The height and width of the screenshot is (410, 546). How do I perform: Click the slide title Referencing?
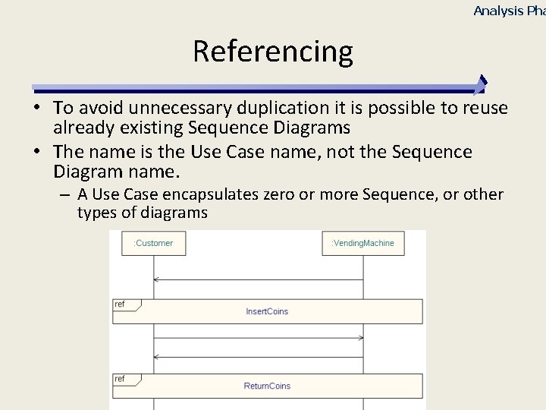(273, 52)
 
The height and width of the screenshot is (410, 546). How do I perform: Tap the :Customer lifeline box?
(153, 243)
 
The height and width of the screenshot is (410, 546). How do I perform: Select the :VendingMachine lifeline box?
(362, 243)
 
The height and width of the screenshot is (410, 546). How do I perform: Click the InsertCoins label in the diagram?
(267, 311)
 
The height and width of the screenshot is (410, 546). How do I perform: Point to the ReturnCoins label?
(267, 386)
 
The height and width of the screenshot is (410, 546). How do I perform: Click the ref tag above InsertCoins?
(120, 304)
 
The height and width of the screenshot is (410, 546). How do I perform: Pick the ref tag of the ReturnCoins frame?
(120, 379)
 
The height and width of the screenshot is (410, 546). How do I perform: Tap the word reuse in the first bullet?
(482, 109)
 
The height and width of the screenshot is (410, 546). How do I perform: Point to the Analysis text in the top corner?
(498, 11)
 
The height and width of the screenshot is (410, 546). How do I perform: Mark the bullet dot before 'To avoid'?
(37, 109)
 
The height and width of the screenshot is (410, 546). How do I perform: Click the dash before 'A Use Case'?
(66, 194)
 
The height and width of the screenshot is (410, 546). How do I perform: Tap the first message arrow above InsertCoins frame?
(258, 280)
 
